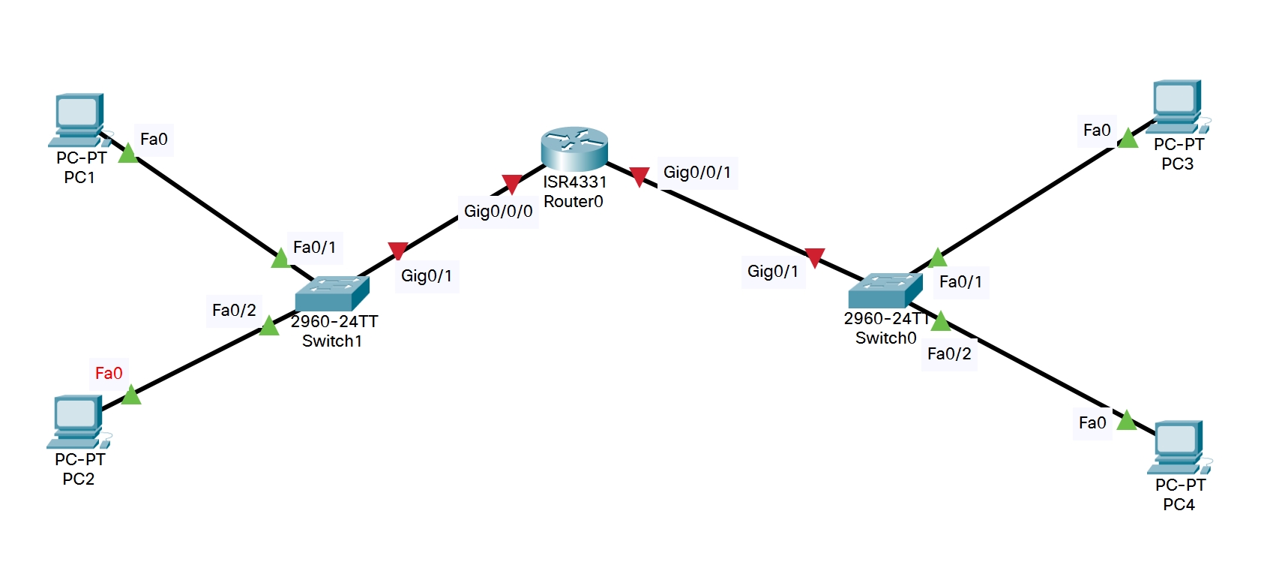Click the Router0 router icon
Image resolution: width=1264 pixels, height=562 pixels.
pyautogui.click(x=574, y=149)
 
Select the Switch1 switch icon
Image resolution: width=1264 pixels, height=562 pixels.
pyautogui.click(x=331, y=293)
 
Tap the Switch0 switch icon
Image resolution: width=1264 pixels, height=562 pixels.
pyautogui.click(x=885, y=290)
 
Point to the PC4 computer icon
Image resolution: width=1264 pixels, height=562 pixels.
pyautogui.click(x=1178, y=447)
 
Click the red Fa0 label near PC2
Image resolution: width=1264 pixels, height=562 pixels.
pyautogui.click(x=109, y=374)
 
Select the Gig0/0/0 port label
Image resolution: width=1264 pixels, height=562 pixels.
pyautogui.click(x=498, y=212)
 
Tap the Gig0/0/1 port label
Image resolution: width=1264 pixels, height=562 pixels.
pyautogui.click(x=696, y=173)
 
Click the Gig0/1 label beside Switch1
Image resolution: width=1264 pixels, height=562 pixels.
pyautogui.click(x=426, y=276)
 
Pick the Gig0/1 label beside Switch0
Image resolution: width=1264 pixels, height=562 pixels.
pyautogui.click(x=772, y=272)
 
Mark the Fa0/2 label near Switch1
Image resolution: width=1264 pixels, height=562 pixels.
pyautogui.click(x=234, y=311)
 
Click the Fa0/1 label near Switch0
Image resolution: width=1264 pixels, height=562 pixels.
pyautogui.click(x=960, y=282)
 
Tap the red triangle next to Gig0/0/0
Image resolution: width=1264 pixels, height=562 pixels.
pyautogui.click(x=512, y=184)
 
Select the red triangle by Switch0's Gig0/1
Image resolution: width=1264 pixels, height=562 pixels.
pyautogui.click(x=814, y=257)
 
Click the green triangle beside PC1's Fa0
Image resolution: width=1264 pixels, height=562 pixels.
pyautogui.click(x=127, y=154)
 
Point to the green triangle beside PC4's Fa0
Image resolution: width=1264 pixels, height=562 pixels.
pyautogui.click(x=1126, y=421)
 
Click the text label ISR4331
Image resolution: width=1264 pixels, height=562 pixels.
pyautogui.click(x=574, y=182)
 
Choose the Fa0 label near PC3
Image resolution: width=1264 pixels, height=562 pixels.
pyautogui.click(x=1096, y=131)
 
